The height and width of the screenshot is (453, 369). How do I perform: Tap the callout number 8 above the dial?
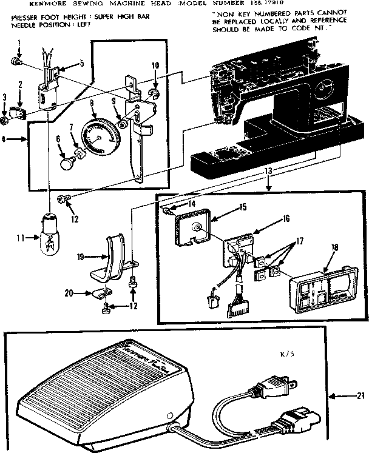click(92, 104)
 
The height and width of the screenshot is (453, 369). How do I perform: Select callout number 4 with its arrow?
click(7, 139)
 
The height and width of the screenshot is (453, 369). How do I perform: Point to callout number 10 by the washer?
click(155, 65)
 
